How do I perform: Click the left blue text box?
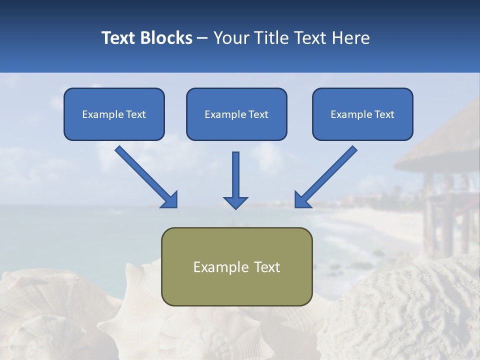point(114,114)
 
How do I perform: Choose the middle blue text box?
point(236,114)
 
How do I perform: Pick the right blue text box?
point(362,114)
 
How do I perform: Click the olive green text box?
point(236,266)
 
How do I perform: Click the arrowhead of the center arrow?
point(235,202)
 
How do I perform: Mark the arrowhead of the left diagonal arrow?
point(170,200)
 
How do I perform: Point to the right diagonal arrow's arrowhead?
point(302,199)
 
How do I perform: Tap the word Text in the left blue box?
point(136,114)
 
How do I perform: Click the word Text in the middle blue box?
point(258,114)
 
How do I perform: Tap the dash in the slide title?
point(202,38)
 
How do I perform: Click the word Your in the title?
point(230,38)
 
